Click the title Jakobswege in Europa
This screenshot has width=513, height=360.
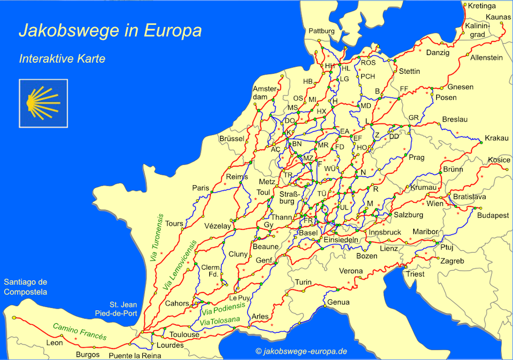point(110,31)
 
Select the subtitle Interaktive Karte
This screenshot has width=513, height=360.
point(62,59)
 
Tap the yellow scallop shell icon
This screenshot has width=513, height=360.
point(43,103)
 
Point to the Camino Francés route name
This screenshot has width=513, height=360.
point(79,332)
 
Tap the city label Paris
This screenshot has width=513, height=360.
point(200,188)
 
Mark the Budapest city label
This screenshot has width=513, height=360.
point(493,215)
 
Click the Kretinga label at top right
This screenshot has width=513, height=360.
point(482,6)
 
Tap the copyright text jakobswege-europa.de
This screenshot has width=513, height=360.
point(301,352)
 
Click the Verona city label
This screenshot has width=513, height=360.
point(351,271)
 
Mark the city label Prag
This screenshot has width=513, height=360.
point(416,158)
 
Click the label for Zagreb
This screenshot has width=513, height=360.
point(452,261)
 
